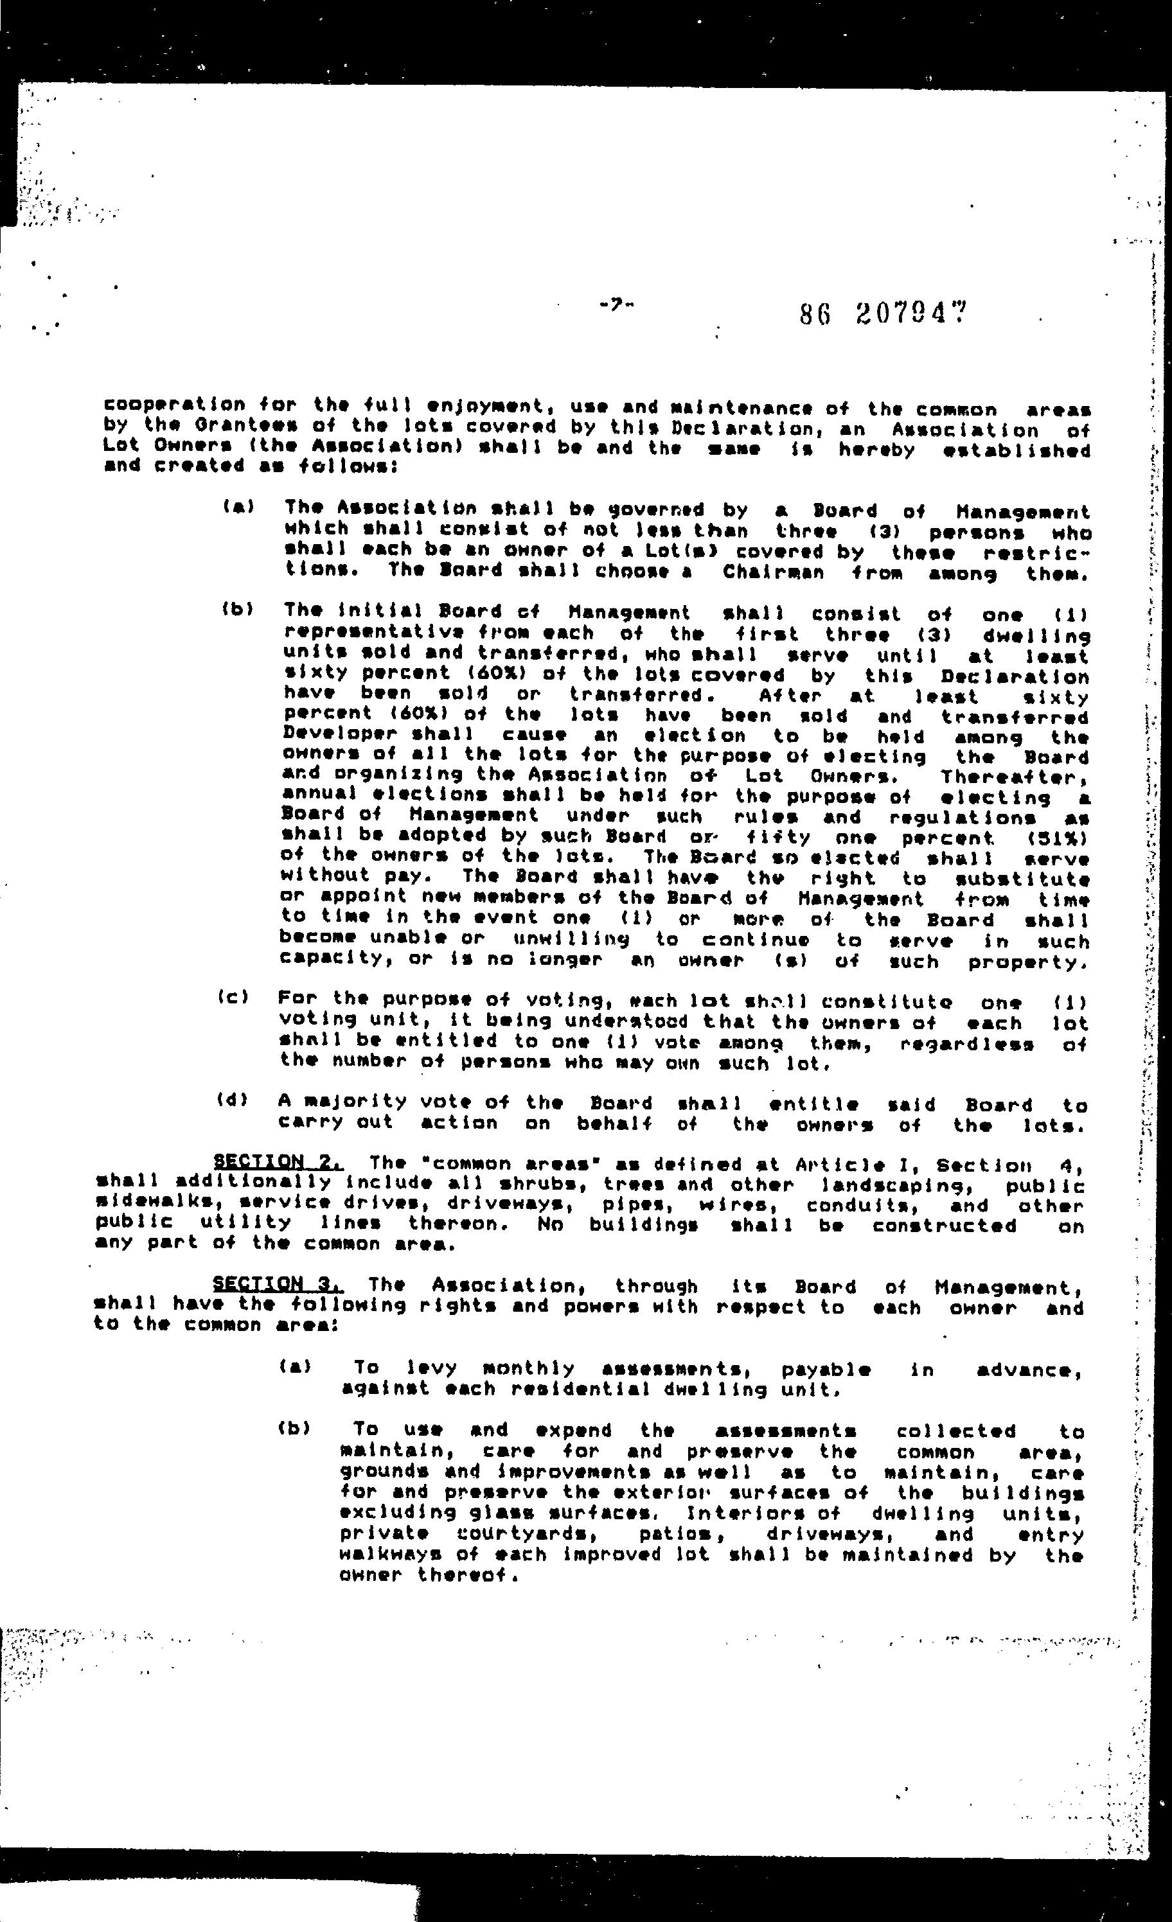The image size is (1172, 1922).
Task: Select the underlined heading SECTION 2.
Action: (277, 1162)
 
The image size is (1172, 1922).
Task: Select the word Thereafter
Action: (1013, 777)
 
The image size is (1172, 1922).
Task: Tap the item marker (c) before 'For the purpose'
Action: (233, 998)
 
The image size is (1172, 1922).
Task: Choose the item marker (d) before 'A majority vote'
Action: (233, 1100)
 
